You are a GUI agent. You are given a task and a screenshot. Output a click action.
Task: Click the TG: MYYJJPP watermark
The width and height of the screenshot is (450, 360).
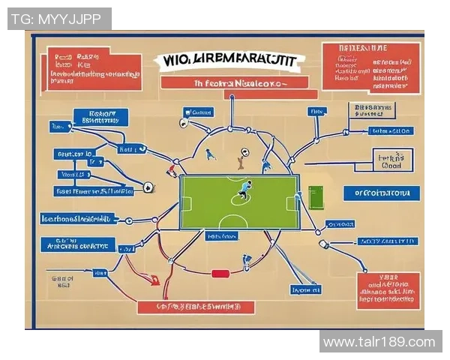coord(59,19)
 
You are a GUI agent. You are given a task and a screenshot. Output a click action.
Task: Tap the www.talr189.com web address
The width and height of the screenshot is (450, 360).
coord(379,342)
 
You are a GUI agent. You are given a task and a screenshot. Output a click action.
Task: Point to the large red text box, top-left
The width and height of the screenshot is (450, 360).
coord(94,68)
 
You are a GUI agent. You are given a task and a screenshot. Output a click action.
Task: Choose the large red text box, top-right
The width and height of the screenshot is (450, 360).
coord(370,66)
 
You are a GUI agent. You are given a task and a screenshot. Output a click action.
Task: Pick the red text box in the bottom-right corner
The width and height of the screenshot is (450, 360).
coord(388,290)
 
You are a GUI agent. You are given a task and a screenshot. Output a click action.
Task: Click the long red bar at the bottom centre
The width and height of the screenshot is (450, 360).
coord(196,307)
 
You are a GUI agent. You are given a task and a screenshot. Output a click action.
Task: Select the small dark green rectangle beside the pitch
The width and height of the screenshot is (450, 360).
coord(315,198)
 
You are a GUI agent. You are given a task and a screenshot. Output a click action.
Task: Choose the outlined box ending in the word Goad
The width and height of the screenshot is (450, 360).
coord(393,160)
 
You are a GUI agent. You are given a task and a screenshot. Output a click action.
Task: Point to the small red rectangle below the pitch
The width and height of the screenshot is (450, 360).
coord(220,274)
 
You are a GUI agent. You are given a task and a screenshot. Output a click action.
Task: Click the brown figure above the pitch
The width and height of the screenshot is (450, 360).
coord(241,159)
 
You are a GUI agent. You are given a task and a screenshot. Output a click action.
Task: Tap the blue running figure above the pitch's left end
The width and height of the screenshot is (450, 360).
coord(211,154)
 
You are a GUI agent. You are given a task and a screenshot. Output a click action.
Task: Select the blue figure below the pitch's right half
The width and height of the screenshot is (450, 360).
coord(246,262)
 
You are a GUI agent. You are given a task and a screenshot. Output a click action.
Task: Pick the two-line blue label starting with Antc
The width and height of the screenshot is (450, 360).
coord(77,244)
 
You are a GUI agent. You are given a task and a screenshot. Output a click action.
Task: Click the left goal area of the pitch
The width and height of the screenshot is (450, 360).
coord(187,203)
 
